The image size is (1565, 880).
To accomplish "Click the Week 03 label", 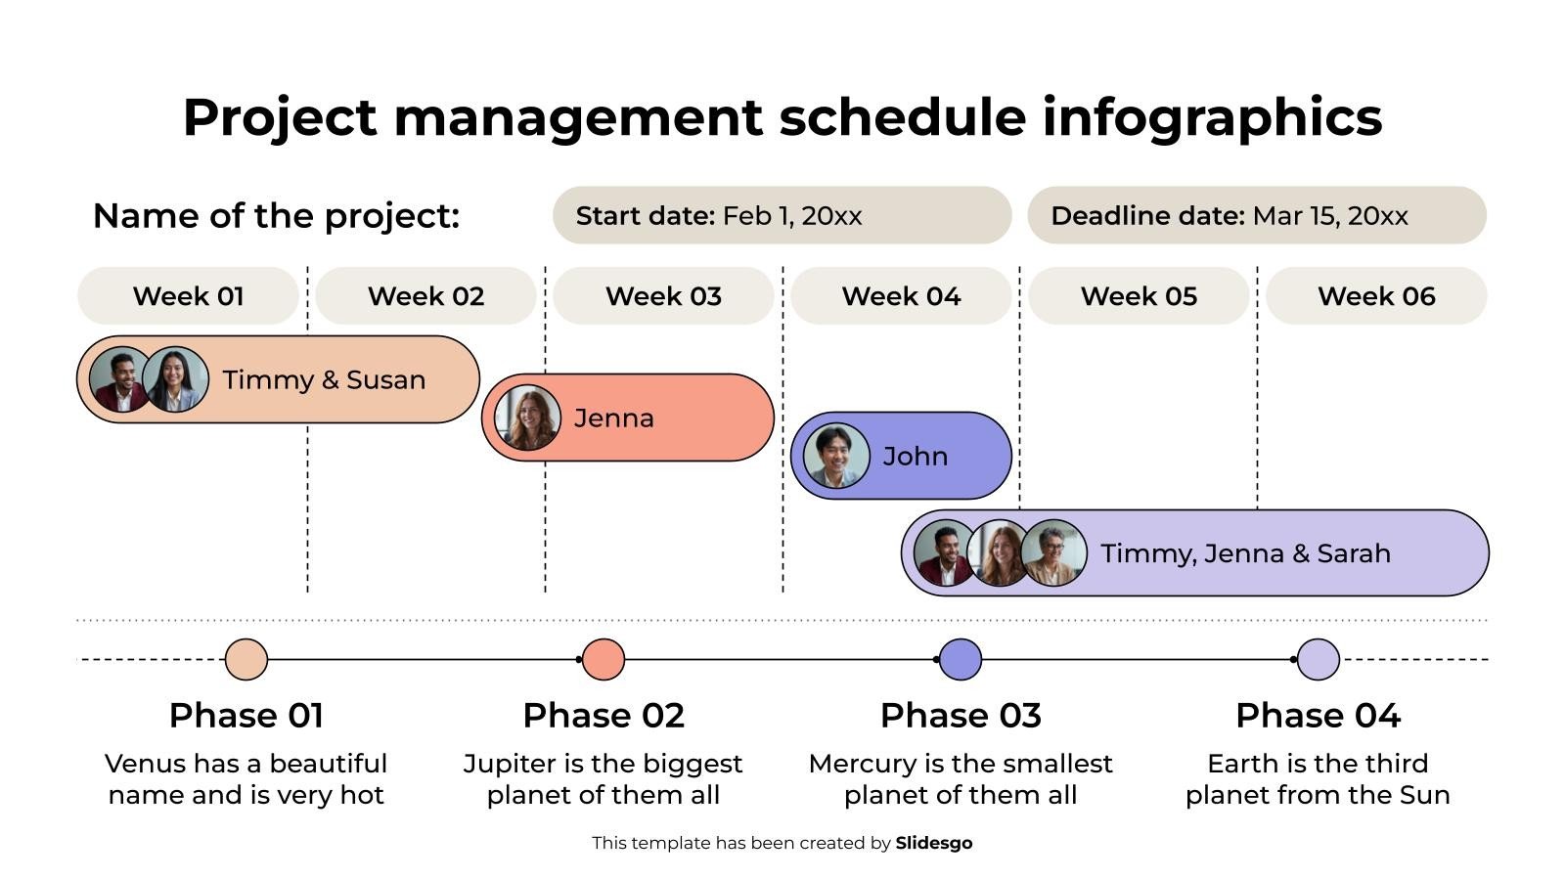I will [x=663, y=295].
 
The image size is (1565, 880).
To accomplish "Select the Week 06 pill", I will [x=1375, y=295].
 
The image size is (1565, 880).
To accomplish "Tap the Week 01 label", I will [x=188, y=295].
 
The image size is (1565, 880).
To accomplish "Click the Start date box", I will [x=781, y=215].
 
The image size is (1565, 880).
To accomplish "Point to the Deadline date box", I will [x=1256, y=215].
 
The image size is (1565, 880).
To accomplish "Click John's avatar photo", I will [x=836, y=456].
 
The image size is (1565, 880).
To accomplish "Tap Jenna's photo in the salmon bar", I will [x=528, y=418].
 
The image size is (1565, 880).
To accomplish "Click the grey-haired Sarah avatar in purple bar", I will [x=1053, y=552].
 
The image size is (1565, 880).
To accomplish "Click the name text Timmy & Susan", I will [x=324, y=379].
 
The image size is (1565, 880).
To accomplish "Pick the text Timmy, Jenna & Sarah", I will [x=1245, y=553].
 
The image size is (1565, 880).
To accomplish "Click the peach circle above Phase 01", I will [x=246, y=659].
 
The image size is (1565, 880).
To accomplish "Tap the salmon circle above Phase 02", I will [x=604, y=659].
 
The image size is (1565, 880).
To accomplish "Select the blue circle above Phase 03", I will [x=961, y=659].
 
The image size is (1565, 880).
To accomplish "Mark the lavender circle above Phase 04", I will [x=1318, y=659].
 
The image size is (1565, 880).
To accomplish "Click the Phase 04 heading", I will [x=1318, y=715].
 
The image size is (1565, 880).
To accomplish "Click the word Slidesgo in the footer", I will [x=933, y=843].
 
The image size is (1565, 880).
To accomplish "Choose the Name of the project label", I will [x=276, y=215].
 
